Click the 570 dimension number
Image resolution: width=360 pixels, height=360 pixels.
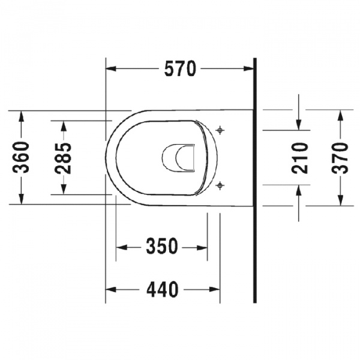(x=181, y=68)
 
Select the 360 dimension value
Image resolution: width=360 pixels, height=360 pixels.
(x=21, y=157)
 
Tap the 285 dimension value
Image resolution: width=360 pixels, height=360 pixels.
(x=63, y=158)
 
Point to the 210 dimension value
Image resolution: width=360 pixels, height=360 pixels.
(x=299, y=158)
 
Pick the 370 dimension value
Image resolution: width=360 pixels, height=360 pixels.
(x=340, y=158)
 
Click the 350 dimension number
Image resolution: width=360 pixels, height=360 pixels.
(x=162, y=246)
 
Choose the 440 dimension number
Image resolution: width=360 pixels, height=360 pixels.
(x=163, y=289)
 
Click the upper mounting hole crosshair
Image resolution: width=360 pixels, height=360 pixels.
(x=220, y=130)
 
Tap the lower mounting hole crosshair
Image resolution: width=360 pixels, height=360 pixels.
(x=220, y=185)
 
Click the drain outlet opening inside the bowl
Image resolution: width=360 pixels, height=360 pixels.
(x=178, y=158)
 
